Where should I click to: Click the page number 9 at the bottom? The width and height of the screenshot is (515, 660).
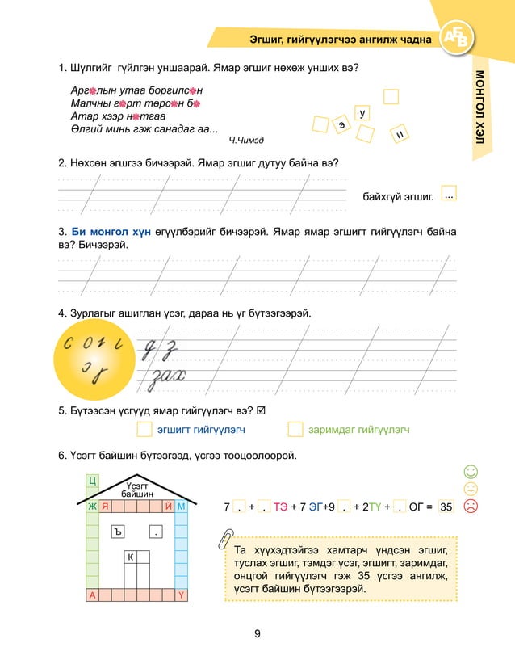[x=257, y=633]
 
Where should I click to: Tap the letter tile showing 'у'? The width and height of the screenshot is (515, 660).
[x=363, y=114]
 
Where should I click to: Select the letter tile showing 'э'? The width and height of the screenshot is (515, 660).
[x=343, y=126]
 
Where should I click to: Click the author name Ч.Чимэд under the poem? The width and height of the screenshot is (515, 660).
[x=246, y=141]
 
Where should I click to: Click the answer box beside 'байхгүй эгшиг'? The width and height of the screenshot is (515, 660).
[x=450, y=195]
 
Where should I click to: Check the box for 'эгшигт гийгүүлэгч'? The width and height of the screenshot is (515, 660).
[x=144, y=430]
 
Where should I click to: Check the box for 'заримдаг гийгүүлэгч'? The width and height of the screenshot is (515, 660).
[x=295, y=430]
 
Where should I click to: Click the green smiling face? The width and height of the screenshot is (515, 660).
[x=471, y=471]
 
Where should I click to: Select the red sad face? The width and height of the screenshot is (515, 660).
[x=471, y=506]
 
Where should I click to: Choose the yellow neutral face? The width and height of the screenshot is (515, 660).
[x=471, y=488]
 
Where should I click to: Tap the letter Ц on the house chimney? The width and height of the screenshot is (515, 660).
[x=92, y=482]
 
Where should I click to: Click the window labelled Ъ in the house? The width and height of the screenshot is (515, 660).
[x=118, y=531]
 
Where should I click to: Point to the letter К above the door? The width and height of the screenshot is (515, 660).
[x=129, y=557]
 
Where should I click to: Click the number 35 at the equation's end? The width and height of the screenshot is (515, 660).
[x=447, y=507]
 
